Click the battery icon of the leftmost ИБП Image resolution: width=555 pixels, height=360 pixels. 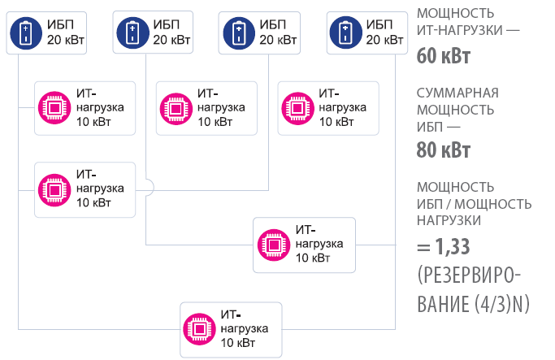point(26,33)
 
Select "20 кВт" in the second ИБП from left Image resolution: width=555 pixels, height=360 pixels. point(171,39)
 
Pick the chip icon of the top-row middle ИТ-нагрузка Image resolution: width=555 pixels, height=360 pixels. point(175,107)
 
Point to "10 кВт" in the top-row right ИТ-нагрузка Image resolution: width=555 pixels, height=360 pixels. point(336,122)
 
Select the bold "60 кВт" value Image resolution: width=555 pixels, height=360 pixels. point(443,57)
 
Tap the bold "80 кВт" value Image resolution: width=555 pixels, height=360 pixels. point(443,150)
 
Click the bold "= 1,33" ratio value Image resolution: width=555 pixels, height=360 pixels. point(444,245)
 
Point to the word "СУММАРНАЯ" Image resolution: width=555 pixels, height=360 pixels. point(457,92)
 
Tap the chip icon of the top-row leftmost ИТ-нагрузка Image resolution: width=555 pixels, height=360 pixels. point(54,107)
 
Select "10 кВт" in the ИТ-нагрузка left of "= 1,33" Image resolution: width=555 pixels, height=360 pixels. point(313,258)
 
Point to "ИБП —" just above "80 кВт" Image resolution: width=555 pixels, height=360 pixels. point(438,127)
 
